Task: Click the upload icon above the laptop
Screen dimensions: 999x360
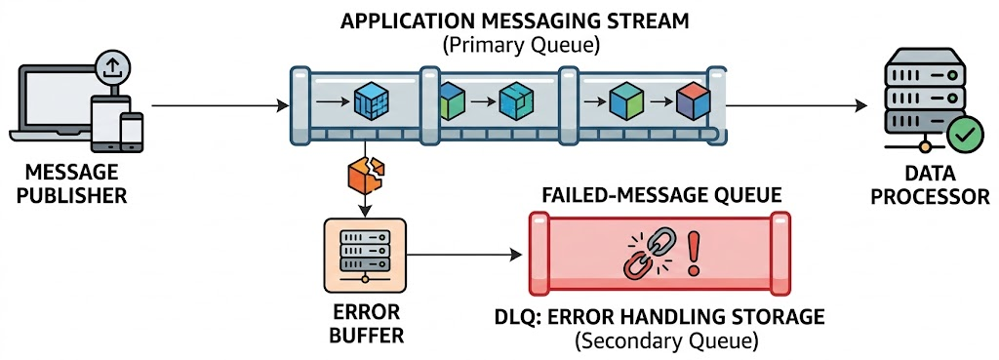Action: (113, 66)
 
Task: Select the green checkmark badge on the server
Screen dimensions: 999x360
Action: (965, 135)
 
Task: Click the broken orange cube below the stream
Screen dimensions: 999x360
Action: (366, 176)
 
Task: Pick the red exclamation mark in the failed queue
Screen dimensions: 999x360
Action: (693, 254)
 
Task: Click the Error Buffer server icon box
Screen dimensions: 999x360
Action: (365, 256)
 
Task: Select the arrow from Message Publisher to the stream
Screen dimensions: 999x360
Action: (220, 105)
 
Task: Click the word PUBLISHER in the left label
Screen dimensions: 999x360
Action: (71, 195)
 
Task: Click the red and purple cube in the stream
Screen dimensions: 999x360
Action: (694, 101)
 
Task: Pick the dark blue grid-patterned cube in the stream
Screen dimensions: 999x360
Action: (372, 101)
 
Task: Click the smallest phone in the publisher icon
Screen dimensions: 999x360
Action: (132, 132)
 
